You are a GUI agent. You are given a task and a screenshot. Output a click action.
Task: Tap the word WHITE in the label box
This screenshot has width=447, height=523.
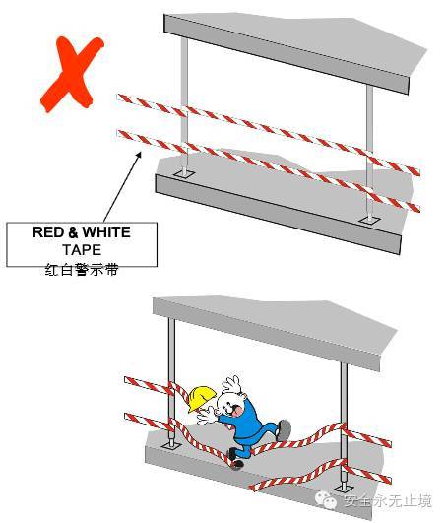tap(106, 232)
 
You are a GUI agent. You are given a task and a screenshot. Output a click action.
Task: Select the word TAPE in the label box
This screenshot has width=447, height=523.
tap(82, 250)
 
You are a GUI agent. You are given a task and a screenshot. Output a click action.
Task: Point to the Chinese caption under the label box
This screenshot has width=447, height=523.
tap(82, 270)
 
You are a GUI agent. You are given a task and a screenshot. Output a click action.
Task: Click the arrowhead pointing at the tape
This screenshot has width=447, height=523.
tap(138, 155)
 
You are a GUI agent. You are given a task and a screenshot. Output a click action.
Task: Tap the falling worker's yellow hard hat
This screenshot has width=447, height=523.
tap(201, 398)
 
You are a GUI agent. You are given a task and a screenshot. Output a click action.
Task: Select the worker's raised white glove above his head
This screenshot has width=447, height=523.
tap(231, 384)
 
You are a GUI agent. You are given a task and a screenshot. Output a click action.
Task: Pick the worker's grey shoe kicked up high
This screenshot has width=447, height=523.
tap(284, 429)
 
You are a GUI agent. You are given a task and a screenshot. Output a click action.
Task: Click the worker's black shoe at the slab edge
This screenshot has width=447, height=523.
tap(235, 460)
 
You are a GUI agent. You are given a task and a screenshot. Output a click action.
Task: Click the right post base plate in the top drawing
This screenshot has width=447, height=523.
tap(369, 220)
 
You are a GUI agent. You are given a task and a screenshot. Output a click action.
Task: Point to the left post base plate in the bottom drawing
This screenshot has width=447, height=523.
tap(171, 446)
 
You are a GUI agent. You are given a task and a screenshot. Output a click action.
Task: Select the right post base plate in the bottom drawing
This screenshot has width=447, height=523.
tap(344, 489)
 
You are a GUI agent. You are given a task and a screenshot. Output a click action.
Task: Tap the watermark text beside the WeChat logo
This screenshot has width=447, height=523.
tap(388, 500)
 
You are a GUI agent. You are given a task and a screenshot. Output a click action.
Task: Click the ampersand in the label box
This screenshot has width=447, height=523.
tap(73, 232)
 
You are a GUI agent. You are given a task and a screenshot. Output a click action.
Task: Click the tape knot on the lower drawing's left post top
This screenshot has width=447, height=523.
tap(172, 389)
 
